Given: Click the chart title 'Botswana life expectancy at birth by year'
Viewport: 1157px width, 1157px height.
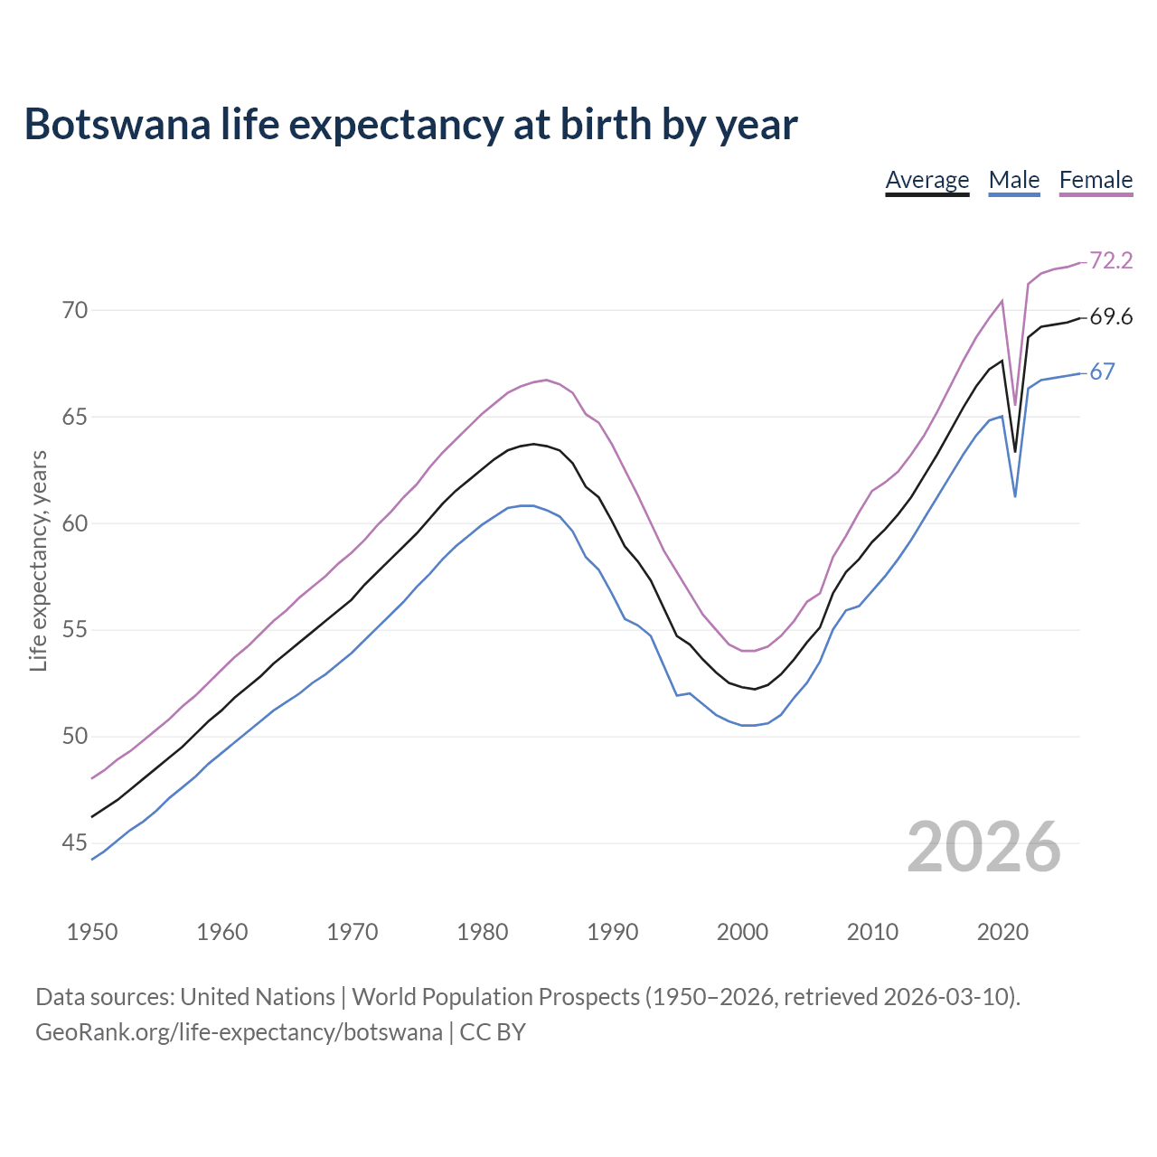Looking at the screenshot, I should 410,125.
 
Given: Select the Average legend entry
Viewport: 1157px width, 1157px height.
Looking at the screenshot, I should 927,180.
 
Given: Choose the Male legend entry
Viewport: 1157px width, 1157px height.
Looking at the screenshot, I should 1013,180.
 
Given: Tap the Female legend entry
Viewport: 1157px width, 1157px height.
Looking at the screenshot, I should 1096,180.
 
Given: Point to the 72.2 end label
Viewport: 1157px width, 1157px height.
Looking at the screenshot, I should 1111,260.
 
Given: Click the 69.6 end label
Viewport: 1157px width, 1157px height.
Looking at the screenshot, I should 1111,317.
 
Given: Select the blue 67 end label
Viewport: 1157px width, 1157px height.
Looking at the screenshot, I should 1102,372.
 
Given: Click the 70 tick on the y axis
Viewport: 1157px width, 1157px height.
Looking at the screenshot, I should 75,311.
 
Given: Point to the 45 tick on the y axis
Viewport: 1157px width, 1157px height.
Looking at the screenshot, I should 75,843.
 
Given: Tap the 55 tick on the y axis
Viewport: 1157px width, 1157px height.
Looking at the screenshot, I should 75,630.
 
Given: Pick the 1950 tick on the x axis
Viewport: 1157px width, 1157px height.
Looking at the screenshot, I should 92,932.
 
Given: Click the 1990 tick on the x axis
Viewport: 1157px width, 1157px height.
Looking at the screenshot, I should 612,932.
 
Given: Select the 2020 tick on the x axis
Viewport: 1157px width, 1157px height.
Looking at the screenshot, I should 1002,932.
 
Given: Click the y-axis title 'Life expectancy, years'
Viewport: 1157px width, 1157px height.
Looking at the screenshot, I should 39,560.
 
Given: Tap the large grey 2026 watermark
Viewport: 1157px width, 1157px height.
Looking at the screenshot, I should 983,847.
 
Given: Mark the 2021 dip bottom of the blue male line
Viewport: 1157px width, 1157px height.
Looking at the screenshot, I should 1015,496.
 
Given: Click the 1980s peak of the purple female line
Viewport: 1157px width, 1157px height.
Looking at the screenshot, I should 546,380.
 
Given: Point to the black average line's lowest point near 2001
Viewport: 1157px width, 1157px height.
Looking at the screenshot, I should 755,689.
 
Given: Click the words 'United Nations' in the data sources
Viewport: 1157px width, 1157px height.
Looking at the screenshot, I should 258,997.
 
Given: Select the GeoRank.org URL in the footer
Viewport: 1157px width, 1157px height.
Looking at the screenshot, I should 239,1032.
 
